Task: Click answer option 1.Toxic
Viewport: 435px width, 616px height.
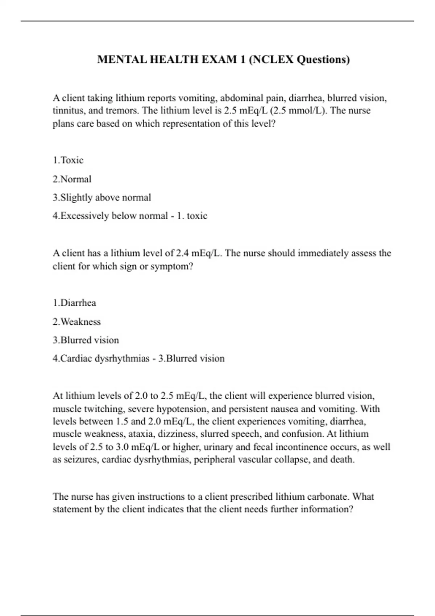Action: click(68, 160)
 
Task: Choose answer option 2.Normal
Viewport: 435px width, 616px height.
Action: click(72, 179)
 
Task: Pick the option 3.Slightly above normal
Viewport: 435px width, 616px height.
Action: click(102, 197)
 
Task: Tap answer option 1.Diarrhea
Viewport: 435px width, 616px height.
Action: click(75, 303)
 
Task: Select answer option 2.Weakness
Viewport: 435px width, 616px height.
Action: click(77, 322)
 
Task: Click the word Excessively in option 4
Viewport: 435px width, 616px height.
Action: click(84, 216)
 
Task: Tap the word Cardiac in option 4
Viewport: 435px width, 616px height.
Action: click(76, 359)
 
